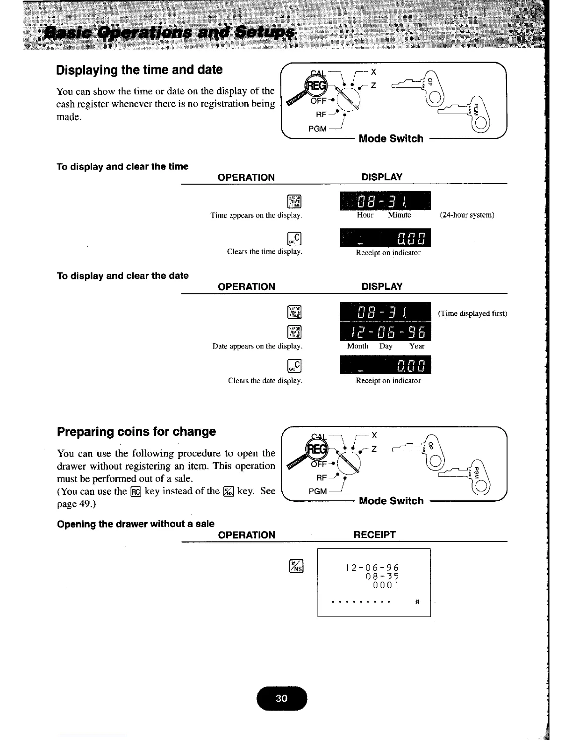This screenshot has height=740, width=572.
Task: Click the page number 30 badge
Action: pos(281,698)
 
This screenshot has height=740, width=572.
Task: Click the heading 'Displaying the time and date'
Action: pos(139,70)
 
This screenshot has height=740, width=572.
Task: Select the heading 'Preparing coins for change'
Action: pos(136,432)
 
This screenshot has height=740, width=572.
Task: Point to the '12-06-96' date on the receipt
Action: pos(372,568)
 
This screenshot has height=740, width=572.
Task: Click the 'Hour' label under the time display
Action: pos(365,215)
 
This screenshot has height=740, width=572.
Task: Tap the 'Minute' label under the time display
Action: pos(400,215)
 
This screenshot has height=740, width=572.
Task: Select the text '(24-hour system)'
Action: pos(467,215)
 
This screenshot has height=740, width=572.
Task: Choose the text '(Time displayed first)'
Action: pos(472,313)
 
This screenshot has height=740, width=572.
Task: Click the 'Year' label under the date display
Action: pos(417,346)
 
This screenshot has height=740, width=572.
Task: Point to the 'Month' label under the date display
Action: pos(357,346)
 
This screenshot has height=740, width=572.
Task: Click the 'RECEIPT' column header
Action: pos(374,535)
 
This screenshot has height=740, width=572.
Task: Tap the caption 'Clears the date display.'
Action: pos(265,381)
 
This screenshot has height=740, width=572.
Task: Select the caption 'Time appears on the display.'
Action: pos(256,215)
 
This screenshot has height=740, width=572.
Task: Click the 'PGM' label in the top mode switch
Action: pos(318,128)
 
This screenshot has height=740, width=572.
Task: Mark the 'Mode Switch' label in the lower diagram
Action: pos(391,501)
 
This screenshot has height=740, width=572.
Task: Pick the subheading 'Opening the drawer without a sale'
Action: pos(136,524)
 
